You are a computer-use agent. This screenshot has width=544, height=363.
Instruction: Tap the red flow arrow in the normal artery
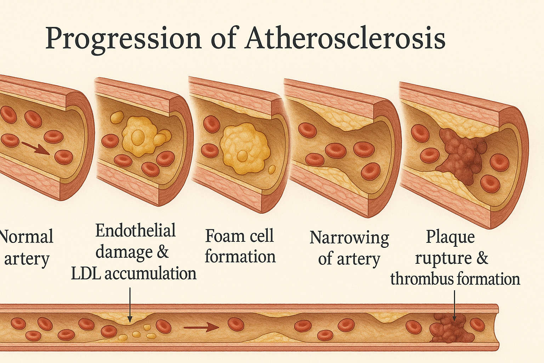tap(35, 148)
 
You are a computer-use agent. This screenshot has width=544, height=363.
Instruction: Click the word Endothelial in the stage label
tap(136, 231)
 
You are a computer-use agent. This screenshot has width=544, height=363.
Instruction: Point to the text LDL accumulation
tap(134, 274)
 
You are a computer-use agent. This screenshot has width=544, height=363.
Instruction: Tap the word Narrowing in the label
tap(349, 238)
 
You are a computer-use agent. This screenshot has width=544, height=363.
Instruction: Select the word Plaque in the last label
tap(450, 236)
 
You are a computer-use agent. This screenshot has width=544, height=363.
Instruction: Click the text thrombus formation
tap(455, 279)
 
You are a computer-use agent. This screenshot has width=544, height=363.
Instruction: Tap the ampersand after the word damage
tap(162, 252)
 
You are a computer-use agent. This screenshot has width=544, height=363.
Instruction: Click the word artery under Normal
tap(27, 259)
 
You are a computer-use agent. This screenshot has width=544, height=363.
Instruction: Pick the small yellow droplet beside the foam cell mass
tap(272, 169)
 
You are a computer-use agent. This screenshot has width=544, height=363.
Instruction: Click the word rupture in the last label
tap(443, 258)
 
